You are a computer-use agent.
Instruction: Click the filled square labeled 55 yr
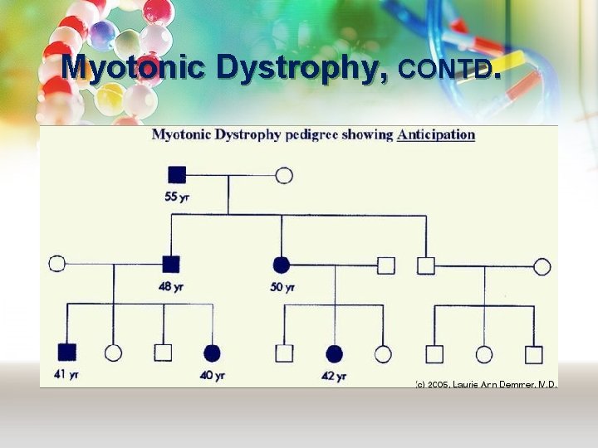(177, 175)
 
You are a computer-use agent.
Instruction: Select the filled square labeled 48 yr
(170, 265)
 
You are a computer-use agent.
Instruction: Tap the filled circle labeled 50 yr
(282, 265)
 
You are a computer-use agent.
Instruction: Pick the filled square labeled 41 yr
(66, 353)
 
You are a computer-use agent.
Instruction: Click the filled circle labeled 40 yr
(212, 353)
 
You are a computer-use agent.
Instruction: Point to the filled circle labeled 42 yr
(334, 354)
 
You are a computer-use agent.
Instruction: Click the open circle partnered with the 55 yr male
(283, 175)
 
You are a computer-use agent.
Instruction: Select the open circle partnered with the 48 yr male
(56, 264)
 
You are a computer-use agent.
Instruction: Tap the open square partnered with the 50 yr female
(385, 265)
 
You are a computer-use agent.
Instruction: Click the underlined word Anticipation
(436, 134)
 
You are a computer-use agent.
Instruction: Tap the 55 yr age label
(177, 197)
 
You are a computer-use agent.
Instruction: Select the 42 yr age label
(334, 376)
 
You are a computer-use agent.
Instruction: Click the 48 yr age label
(170, 286)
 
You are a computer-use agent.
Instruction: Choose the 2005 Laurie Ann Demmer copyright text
(486, 384)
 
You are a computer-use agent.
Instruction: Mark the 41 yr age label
(66, 375)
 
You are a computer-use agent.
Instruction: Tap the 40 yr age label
(212, 375)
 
